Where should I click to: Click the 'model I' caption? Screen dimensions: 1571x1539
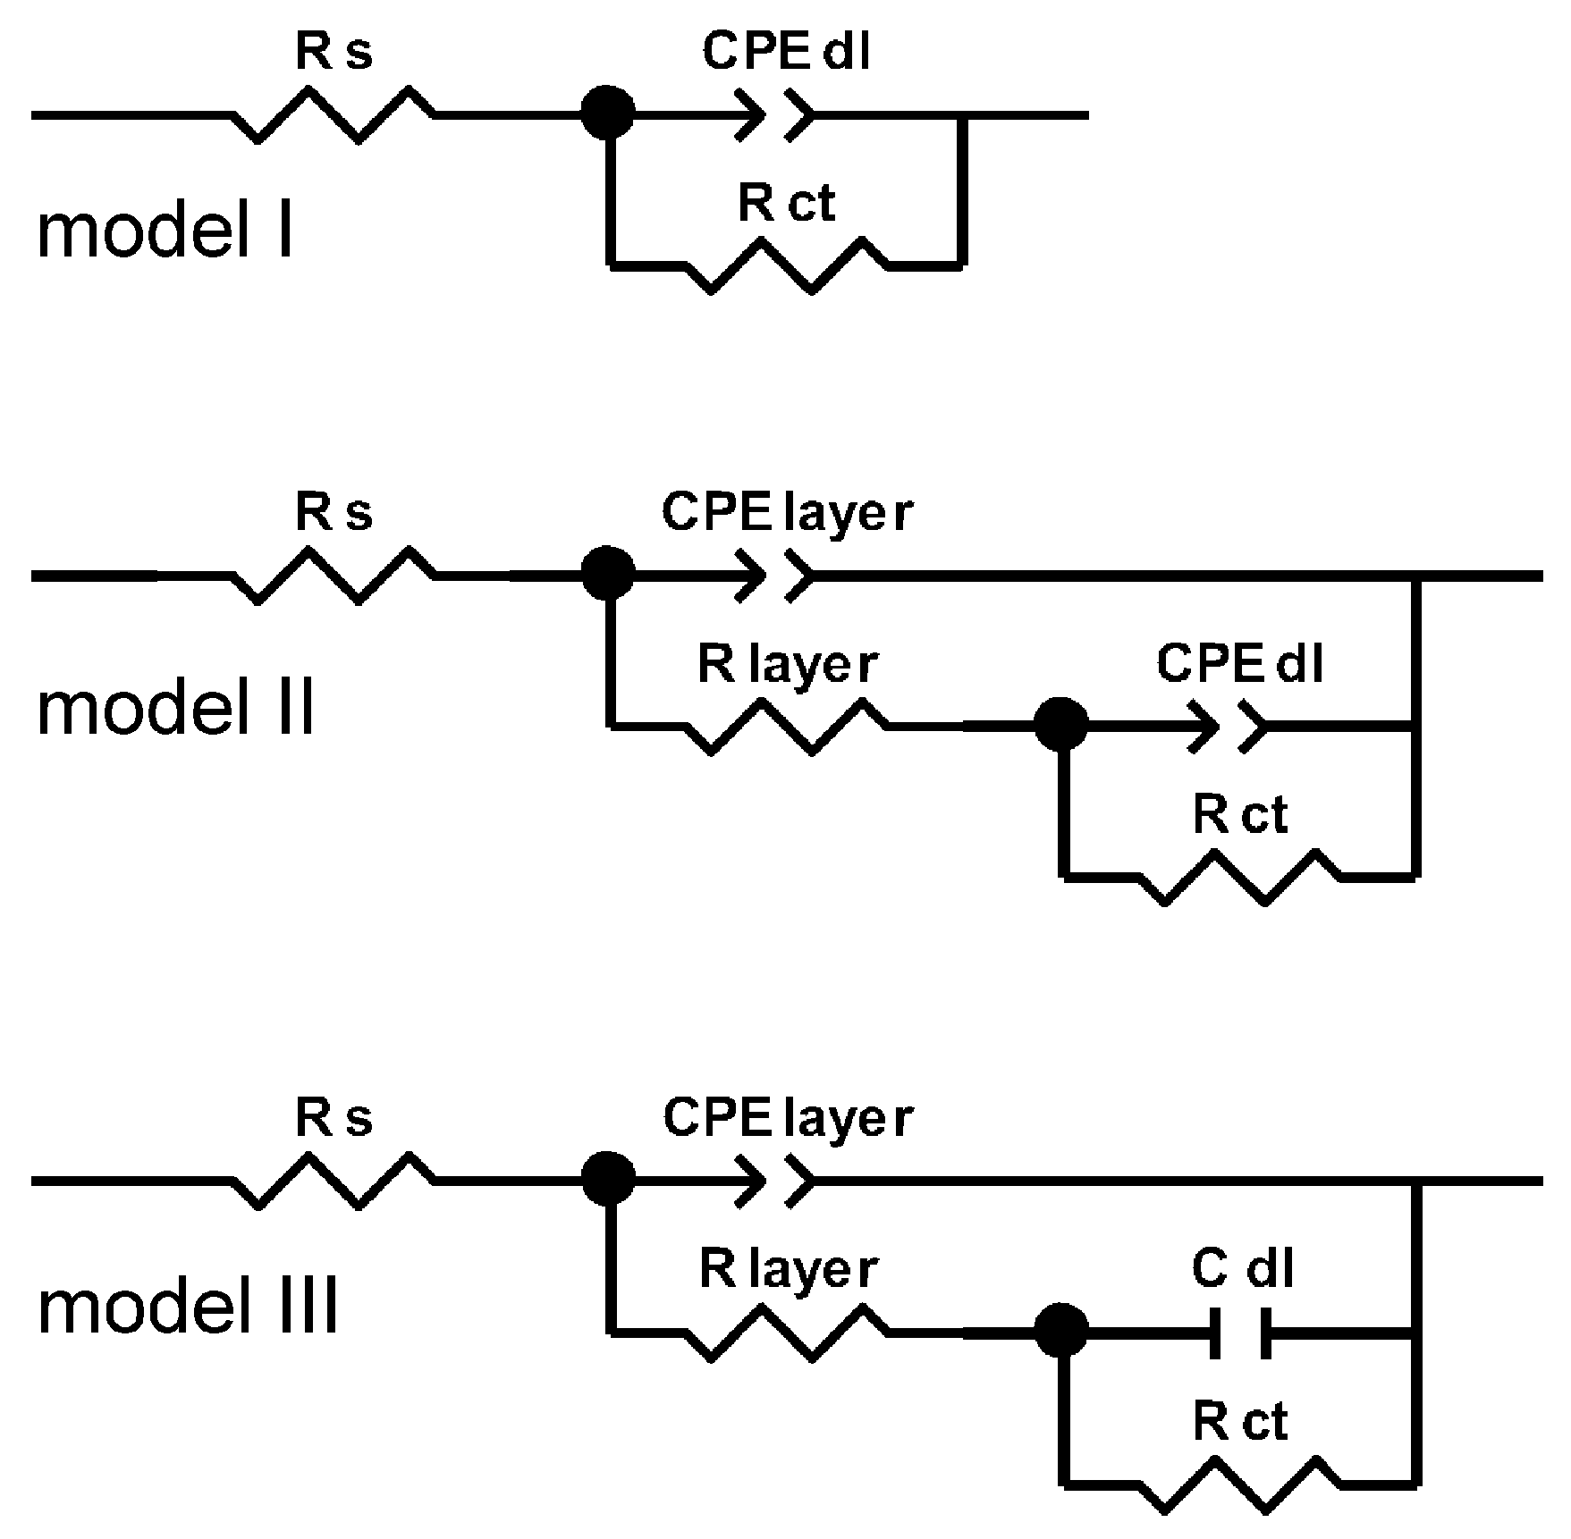coord(165,231)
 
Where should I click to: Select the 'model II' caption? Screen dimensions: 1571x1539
coord(176,708)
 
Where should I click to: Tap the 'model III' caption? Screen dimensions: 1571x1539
coord(188,1307)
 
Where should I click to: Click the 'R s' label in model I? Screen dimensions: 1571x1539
coord(334,53)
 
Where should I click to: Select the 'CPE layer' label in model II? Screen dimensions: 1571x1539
coord(788,514)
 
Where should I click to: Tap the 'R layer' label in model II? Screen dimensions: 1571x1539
coord(788,666)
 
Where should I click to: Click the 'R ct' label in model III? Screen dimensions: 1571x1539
coord(1240,1422)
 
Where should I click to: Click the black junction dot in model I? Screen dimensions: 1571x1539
coord(608,114)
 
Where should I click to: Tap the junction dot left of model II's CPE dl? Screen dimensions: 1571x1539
coord(1061,726)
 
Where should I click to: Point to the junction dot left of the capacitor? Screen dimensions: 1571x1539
coord(1061,1332)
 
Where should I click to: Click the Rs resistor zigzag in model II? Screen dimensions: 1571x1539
coord(334,576)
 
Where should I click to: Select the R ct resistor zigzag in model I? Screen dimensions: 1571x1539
coord(787,265)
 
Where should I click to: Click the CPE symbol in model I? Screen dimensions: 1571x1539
coord(774,114)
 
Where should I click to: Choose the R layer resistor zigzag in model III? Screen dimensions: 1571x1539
coord(787,1332)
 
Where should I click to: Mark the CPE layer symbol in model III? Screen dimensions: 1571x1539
coord(774,1181)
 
